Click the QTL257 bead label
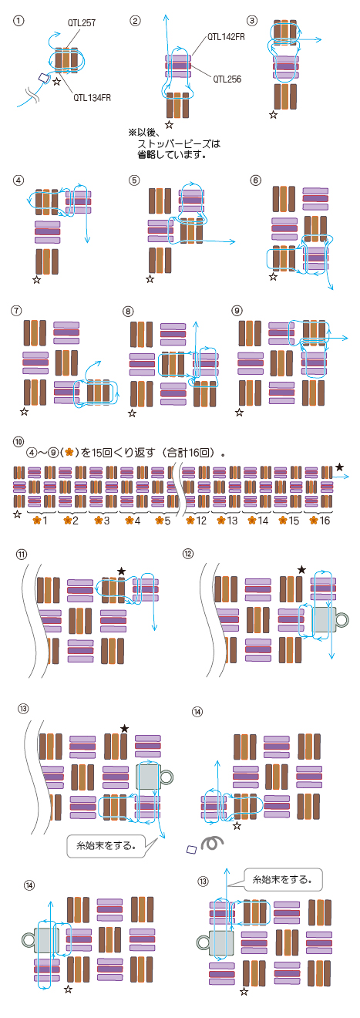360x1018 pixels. click(x=82, y=22)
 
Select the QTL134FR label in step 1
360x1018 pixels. click(x=92, y=97)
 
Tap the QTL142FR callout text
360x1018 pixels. click(x=226, y=37)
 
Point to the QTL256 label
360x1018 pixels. click(x=227, y=79)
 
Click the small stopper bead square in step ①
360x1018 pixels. click(x=44, y=78)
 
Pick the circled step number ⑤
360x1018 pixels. click(x=134, y=180)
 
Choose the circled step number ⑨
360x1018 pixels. click(x=237, y=310)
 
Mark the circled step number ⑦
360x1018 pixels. click(x=17, y=310)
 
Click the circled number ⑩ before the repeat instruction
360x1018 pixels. click(x=19, y=442)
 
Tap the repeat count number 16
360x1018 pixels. click(x=325, y=521)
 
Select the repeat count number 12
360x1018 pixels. click(x=201, y=521)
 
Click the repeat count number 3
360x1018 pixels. click(x=106, y=521)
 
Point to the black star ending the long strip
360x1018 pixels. click(x=339, y=467)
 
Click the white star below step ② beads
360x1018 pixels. click(x=169, y=124)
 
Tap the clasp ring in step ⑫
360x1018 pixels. click(x=342, y=619)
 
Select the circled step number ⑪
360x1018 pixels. click(x=22, y=555)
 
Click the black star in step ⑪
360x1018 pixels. click(x=121, y=571)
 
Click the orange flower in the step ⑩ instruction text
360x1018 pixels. click(x=69, y=453)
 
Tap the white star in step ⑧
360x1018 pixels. click(x=133, y=413)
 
